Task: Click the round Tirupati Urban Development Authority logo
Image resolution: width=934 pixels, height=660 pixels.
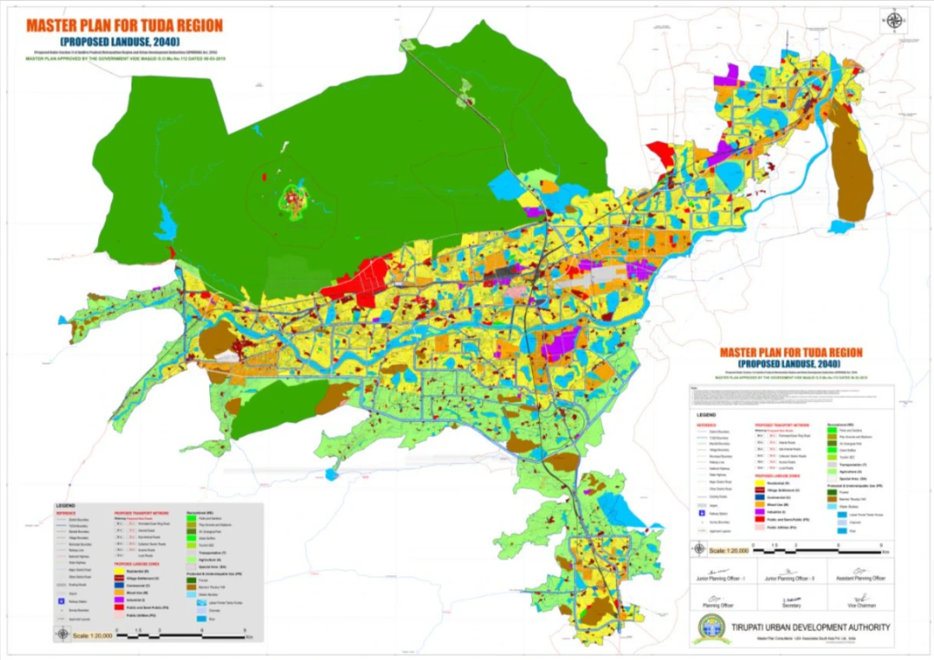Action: (x=711, y=628)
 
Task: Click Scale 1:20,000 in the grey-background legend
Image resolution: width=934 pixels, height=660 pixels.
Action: (x=93, y=635)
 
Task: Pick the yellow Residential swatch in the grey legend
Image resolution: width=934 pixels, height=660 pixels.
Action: (x=119, y=571)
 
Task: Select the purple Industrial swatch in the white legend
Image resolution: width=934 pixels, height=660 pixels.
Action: (x=760, y=512)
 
